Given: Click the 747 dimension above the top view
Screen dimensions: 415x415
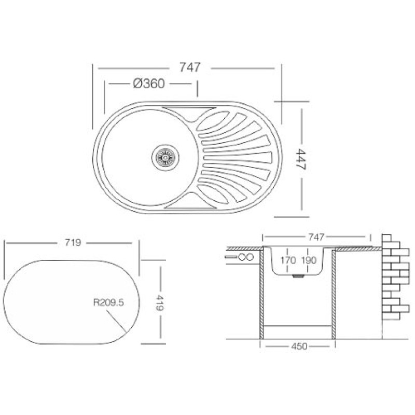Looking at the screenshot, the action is pyautogui.click(x=190, y=67).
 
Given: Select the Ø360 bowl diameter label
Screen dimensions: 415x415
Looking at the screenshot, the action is pyautogui.click(x=149, y=84).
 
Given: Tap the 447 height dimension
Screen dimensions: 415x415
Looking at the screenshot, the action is pyautogui.click(x=301, y=159).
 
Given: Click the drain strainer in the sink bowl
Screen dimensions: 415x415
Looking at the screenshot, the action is pyautogui.click(x=165, y=158).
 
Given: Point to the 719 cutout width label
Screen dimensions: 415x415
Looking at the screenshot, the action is pyautogui.click(x=73, y=242).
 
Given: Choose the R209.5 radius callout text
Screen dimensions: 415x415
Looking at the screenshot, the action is pyautogui.click(x=108, y=302).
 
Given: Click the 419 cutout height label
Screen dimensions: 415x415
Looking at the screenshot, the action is pyautogui.click(x=159, y=302).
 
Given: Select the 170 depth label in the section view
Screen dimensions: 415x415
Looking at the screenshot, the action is pyautogui.click(x=288, y=260).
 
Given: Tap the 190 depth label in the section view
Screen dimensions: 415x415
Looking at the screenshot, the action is pyautogui.click(x=309, y=260).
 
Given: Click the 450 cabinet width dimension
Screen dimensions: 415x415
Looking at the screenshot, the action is pyautogui.click(x=299, y=346).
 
